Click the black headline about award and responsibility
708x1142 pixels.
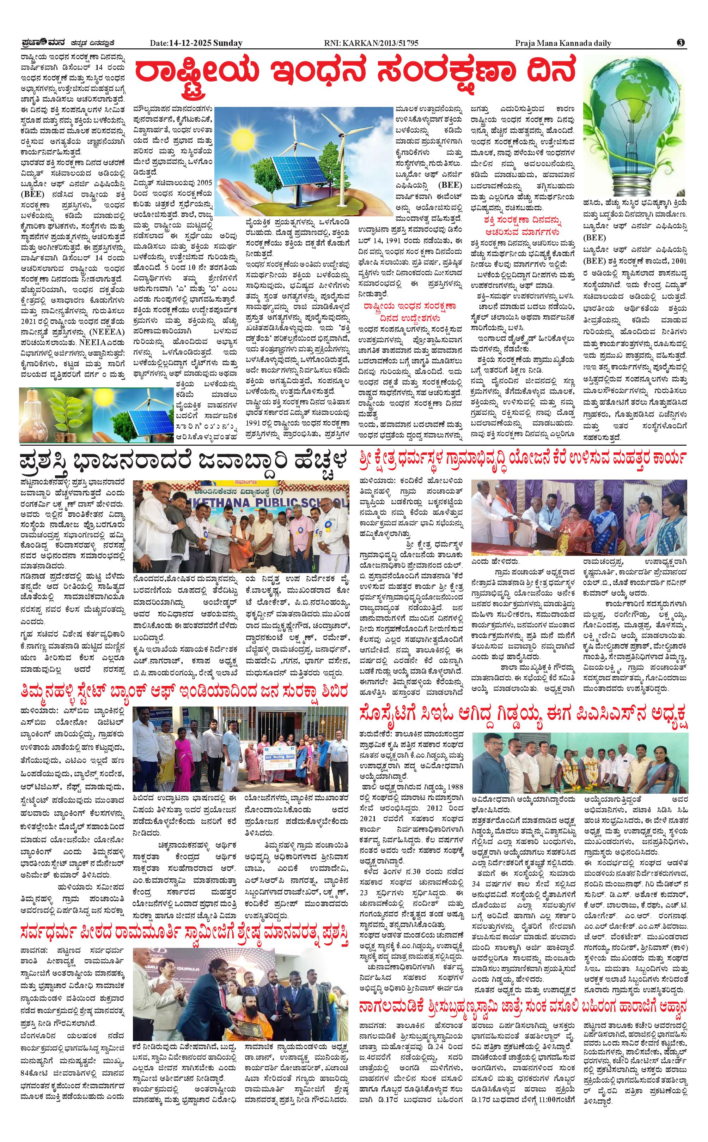coord(185,462)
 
